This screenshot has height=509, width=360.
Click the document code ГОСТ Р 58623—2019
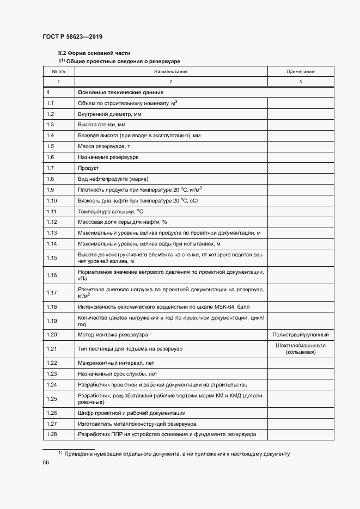[72, 36]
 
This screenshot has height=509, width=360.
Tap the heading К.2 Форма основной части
[94, 53]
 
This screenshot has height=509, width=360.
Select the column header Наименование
[170, 71]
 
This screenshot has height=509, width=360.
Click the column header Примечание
[300, 71]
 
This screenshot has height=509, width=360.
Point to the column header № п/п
[58, 71]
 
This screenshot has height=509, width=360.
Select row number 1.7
[51, 168]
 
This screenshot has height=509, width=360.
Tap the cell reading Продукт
[88, 168]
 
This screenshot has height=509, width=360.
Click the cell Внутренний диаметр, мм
[109, 114]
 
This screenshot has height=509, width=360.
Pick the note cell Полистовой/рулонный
[300, 334]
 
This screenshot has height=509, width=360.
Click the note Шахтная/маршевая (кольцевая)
[300, 348]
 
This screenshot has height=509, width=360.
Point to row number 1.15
[52, 257]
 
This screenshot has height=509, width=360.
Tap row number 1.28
[52, 434]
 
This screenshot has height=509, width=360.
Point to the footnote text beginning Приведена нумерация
[178, 453]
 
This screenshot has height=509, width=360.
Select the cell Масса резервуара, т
[104, 146]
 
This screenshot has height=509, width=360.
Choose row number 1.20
[52, 334]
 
